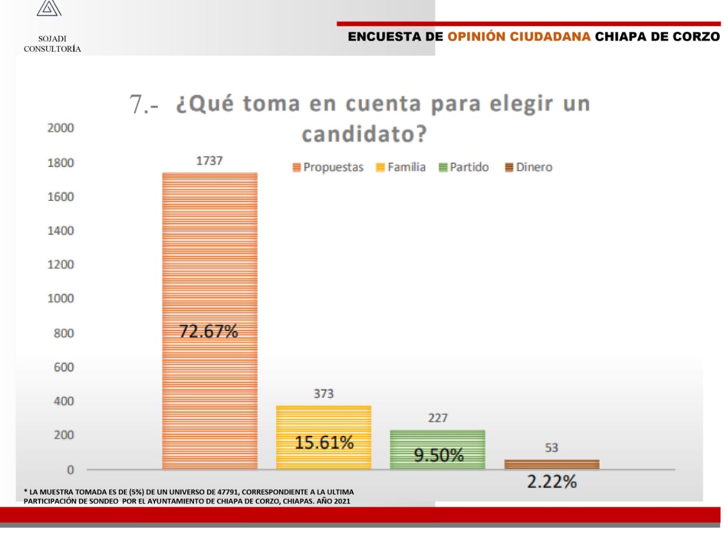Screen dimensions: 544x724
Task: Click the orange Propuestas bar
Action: (209, 255)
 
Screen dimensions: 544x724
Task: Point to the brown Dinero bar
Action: (551, 464)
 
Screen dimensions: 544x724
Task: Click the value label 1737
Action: (209, 161)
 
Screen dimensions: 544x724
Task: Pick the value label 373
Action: (324, 393)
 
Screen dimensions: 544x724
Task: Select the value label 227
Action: (438, 418)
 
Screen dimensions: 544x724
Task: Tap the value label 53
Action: (551, 448)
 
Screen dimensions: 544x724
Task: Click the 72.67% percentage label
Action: (209, 331)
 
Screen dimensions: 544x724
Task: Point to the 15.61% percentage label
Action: (324, 442)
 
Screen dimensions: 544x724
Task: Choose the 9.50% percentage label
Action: (439, 455)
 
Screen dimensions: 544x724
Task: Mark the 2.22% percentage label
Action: (552, 482)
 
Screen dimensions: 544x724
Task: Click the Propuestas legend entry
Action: (328, 167)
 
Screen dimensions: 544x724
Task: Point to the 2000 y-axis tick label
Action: (61, 128)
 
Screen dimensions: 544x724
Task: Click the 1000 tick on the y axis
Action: (61, 298)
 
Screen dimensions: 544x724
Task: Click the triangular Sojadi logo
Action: (49, 8)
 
